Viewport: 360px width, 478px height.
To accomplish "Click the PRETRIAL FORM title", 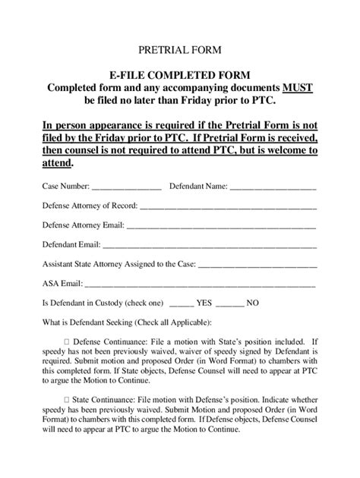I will tap(179, 51).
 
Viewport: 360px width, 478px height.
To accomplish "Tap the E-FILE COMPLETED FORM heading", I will tap(179, 75).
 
